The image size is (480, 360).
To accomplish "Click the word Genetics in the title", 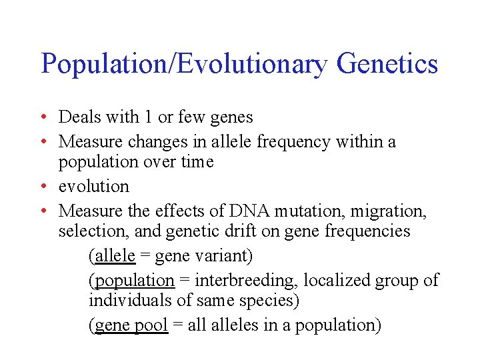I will click(387, 65).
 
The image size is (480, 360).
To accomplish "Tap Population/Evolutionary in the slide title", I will click(184, 65).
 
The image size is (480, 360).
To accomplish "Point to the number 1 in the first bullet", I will click(146, 117).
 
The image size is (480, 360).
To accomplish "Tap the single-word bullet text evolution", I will click(94, 186).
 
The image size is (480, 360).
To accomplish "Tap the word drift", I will click(265, 231).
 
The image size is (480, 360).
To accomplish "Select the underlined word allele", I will click(115, 255).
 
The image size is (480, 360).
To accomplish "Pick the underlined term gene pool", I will click(131, 325).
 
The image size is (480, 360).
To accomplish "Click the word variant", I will click(223, 255).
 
